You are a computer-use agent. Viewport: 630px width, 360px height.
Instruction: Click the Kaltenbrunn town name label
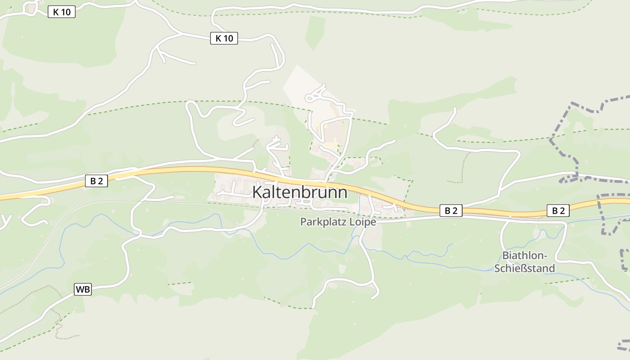[x=300, y=193]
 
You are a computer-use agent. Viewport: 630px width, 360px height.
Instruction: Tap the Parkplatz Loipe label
[x=338, y=222]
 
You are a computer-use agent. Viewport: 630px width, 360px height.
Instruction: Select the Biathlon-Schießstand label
[x=524, y=262]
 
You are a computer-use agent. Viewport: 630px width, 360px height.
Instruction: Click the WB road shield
[x=83, y=289]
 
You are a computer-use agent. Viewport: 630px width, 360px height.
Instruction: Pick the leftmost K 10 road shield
[x=62, y=12]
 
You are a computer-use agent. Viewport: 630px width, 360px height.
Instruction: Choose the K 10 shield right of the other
[x=224, y=38]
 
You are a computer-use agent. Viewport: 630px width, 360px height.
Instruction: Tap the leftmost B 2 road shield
[x=96, y=181]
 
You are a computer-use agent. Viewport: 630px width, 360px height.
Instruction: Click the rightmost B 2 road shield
[x=558, y=210]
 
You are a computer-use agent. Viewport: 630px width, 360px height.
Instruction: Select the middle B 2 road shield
[x=451, y=210]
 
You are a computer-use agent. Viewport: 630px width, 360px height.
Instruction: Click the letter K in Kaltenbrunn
[x=257, y=193]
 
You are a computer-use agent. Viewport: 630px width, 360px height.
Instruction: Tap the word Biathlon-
[x=524, y=256]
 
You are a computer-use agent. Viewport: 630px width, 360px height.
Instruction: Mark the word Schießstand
[x=524, y=269]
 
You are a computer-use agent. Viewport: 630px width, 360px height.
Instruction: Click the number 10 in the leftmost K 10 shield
[x=66, y=12]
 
